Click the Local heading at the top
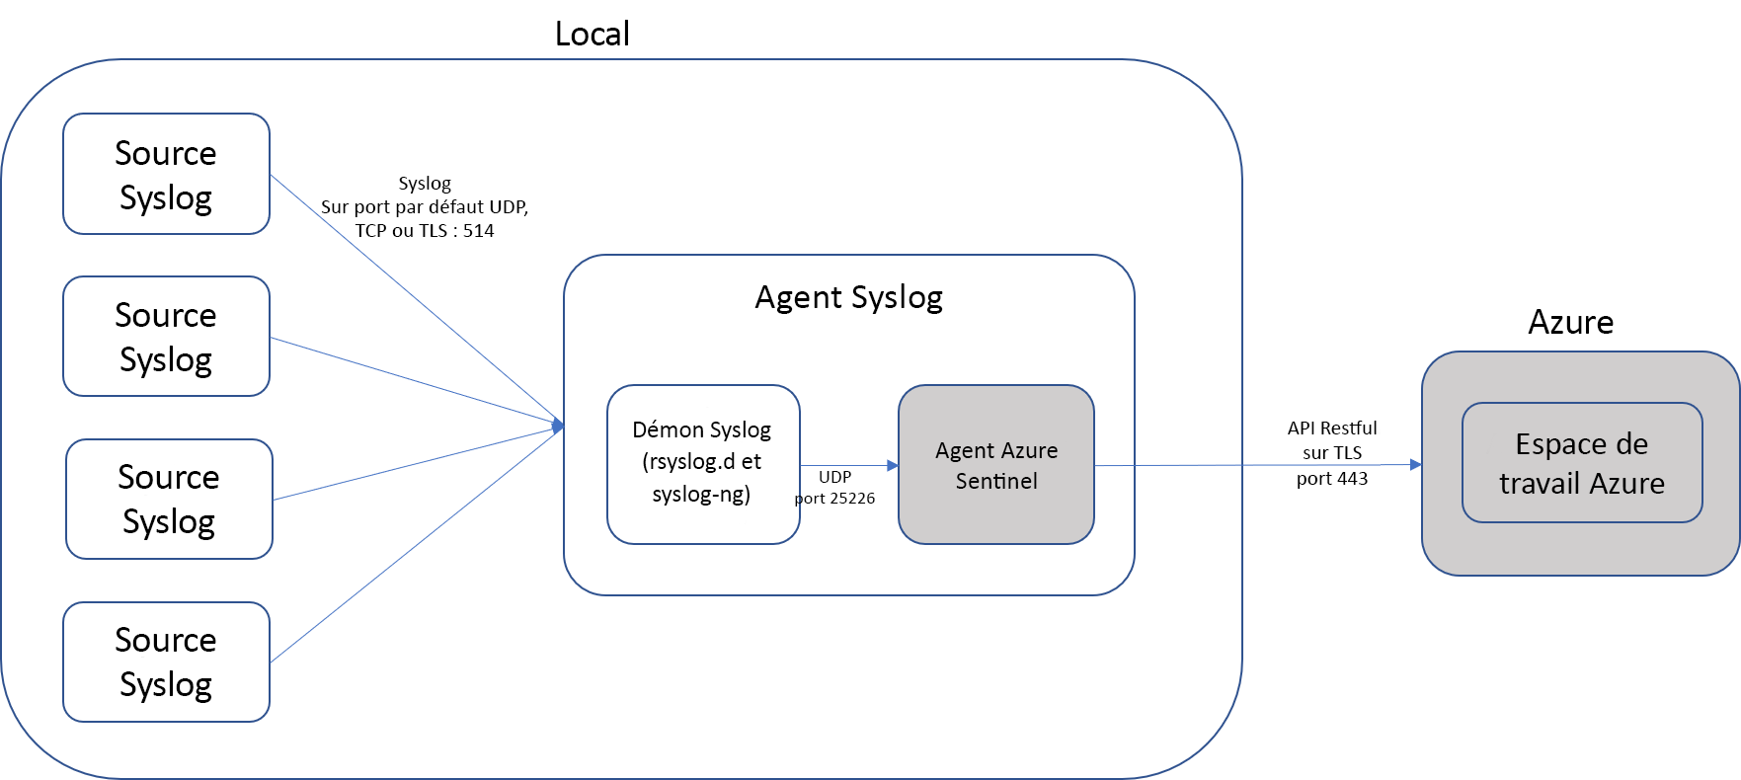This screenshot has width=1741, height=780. tap(592, 34)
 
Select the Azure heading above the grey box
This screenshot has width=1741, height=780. tap(1570, 322)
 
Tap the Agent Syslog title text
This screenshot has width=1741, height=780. tap(848, 297)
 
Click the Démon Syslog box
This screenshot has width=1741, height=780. tap(702, 463)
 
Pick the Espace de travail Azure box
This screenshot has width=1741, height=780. tap(1581, 462)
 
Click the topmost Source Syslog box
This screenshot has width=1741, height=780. tap(166, 174)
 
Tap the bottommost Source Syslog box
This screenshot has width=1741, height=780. tap(166, 662)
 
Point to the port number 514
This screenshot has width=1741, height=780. tap(479, 230)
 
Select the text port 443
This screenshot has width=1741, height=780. tap(1331, 479)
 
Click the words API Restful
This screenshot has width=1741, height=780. tap(1331, 428)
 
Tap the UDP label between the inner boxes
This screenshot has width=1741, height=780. tap(834, 477)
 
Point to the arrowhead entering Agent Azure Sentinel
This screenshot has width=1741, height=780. tap(893, 465)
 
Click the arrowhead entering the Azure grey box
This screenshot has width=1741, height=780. tap(1416, 464)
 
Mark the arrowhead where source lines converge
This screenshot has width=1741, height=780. tap(559, 426)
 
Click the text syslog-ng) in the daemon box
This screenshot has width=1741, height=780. tap(701, 494)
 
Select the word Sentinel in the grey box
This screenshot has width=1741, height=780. tap(995, 481)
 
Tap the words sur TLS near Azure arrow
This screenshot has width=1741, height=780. tap(1331, 453)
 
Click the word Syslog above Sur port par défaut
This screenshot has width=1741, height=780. tap(425, 184)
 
